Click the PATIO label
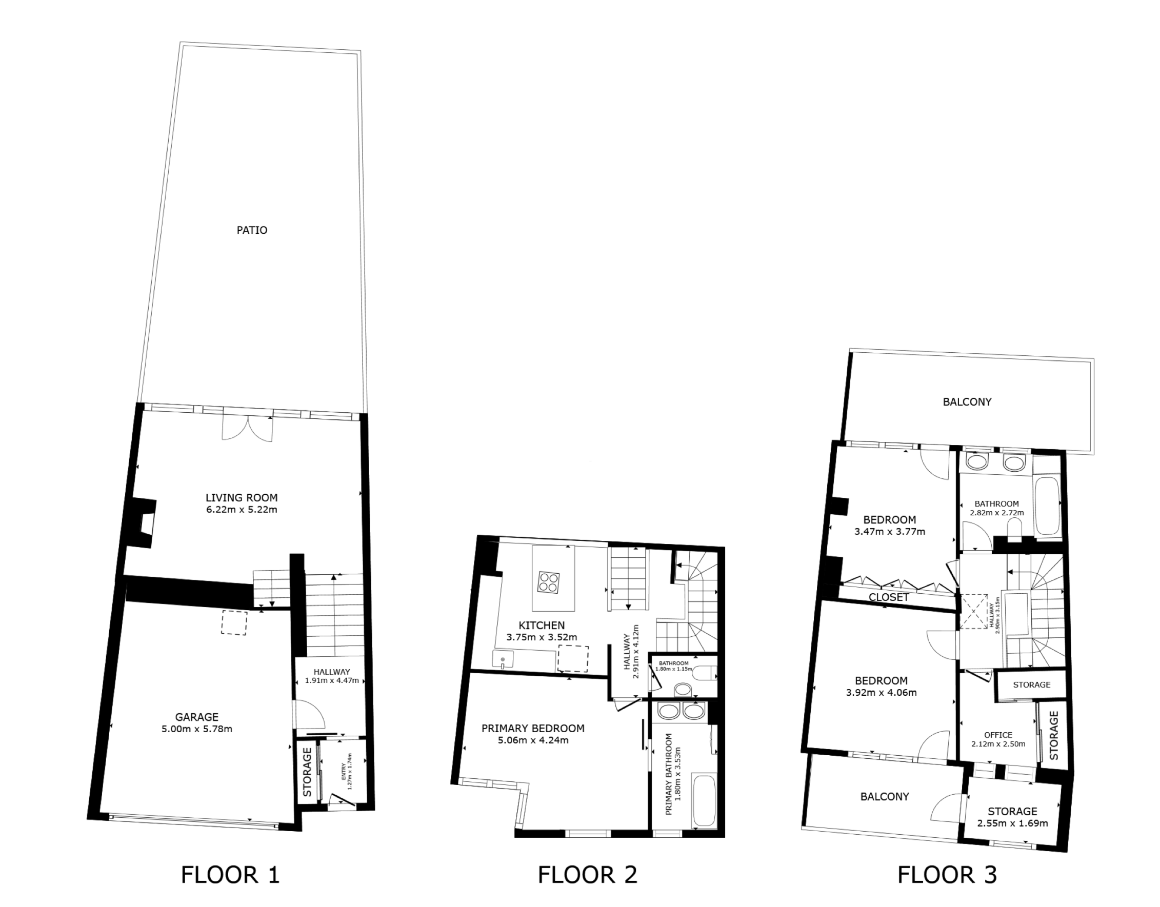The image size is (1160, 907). [x=252, y=230]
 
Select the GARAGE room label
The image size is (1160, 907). [x=196, y=717]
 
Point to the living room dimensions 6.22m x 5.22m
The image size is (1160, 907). [x=242, y=510]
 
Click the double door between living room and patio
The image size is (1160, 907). [x=248, y=427]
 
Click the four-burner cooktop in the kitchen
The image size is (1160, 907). [x=548, y=581]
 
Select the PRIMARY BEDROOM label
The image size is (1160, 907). [x=533, y=729]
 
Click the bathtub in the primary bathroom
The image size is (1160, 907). [x=704, y=801]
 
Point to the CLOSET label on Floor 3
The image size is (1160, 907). [x=889, y=597]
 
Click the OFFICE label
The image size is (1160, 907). [x=998, y=735]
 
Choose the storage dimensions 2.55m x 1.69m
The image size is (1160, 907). [x=1012, y=823]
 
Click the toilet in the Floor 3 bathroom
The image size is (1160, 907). [x=1014, y=529]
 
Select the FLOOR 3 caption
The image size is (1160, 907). [x=947, y=875]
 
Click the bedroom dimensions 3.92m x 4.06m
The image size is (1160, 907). [x=881, y=693]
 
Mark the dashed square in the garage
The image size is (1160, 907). [x=234, y=623]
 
